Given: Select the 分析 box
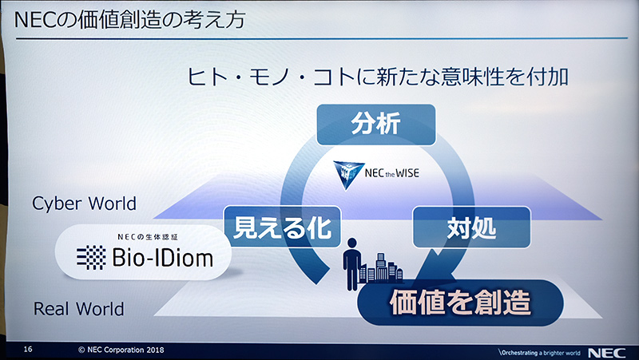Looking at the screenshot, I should [x=375, y=124].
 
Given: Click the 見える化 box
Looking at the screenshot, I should [x=282, y=227].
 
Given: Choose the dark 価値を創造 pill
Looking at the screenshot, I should [x=460, y=304].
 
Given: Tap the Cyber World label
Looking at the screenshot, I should [x=84, y=203].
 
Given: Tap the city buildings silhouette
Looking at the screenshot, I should [x=381, y=268].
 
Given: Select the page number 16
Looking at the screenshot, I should [x=28, y=350].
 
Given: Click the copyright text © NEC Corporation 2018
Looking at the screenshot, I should [x=120, y=350].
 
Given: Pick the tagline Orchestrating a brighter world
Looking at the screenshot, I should [x=538, y=350].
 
